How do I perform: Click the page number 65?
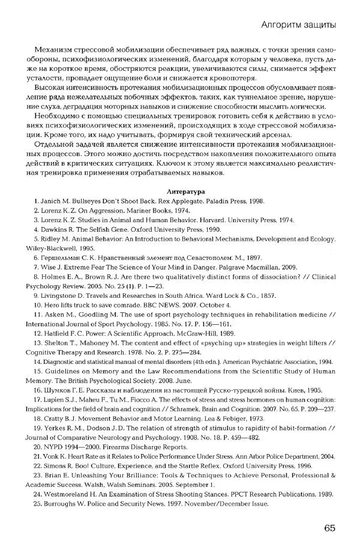(x=328, y=528)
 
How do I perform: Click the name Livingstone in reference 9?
(x=62, y=295)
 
